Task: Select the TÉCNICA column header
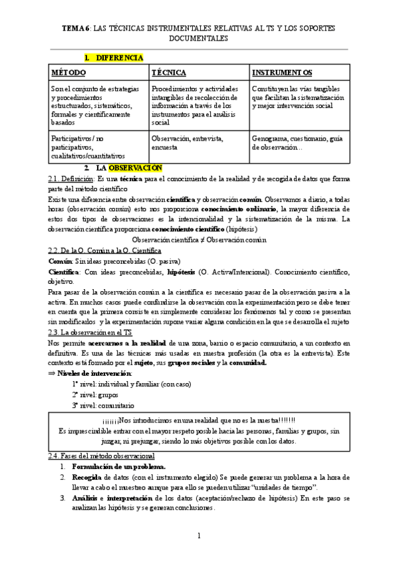click(169, 72)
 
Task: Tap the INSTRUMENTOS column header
click(283, 72)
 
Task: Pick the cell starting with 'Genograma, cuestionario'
click(297, 143)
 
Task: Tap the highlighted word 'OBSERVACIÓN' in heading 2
click(131, 167)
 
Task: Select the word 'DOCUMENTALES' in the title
click(199, 39)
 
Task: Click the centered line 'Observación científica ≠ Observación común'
click(199, 239)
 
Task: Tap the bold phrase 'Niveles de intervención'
click(93, 374)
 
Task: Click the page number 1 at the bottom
click(199, 536)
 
